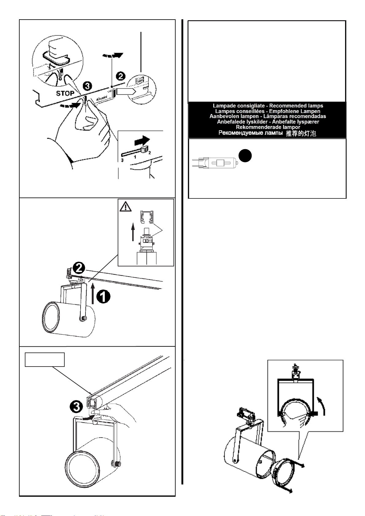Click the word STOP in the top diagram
click(x=65, y=93)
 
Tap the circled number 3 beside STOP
click(x=87, y=86)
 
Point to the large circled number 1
click(x=104, y=296)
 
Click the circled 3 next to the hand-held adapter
click(x=76, y=407)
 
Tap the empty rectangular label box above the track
click(x=45, y=360)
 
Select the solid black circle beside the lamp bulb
click(x=245, y=156)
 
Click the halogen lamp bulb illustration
click(x=215, y=163)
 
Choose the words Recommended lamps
click(x=296, y=106)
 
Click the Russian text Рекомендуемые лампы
click(x=250, y=133)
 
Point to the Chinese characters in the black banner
click(x=301, y=133)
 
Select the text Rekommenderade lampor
click(x=268, y=127)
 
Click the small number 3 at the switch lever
click(x=122, y=160)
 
